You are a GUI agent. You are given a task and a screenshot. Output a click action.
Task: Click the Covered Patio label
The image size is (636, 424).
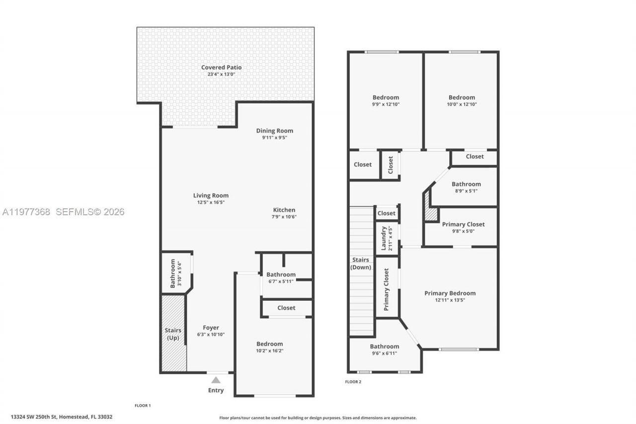(x=221, y=68)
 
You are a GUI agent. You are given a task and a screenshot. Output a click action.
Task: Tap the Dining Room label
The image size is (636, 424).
(x=274, y=131)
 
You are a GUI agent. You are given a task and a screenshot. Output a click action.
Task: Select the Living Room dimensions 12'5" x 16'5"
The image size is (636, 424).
(x=211, y=202)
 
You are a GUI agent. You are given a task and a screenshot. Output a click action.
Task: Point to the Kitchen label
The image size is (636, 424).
(x=284, y=210)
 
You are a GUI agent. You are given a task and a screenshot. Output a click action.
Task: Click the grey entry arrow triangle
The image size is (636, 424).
(x=216, y=380)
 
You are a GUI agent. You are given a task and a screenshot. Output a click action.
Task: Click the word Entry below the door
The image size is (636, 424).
(x=216, y=390)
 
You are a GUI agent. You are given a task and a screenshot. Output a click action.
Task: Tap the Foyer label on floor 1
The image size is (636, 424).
(x=211, y=328)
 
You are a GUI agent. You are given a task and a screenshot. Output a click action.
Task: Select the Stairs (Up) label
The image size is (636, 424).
(x=173, y=334)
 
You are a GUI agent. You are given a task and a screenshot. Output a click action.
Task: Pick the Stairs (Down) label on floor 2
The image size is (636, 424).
(x=361, y=263)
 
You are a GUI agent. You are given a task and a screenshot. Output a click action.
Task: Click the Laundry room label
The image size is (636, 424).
(x=384, y=238)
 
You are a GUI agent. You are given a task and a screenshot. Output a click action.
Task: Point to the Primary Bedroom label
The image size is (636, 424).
(x=450, y=293)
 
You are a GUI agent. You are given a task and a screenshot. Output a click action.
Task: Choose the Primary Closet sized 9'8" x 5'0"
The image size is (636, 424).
(x=463, y=224)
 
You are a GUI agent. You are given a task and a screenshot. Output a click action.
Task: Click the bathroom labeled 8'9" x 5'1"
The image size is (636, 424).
(x=466, y=184)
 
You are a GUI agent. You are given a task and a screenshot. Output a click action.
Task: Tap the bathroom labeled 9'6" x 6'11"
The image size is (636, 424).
(x=384, y=346)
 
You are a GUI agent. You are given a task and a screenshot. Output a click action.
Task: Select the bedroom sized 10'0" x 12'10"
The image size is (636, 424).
(x=462, y=97)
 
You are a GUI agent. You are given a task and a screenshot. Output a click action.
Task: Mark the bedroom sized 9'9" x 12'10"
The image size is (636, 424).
(x=386, y=97)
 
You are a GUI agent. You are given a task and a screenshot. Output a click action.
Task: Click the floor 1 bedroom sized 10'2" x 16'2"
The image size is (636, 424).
(x=269, y=344)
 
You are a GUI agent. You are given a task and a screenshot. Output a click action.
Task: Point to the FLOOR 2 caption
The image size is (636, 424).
(x=353, y=382)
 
